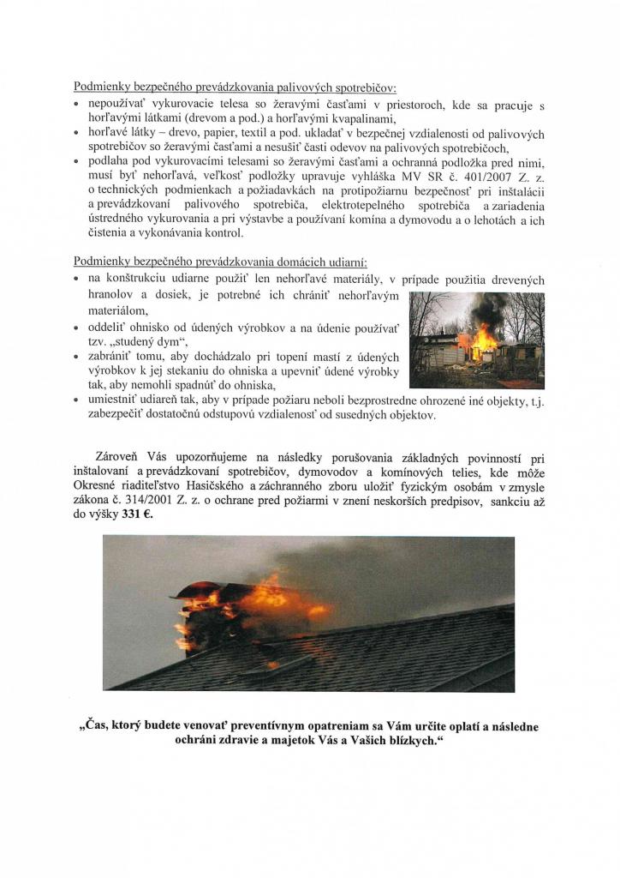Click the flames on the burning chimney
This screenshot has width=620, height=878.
coord(257,604)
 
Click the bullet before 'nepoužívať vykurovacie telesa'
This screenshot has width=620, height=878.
coord(77,104)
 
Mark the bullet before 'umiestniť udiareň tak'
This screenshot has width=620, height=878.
coord(77,400)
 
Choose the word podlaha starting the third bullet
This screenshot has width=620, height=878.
coord(109,162)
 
